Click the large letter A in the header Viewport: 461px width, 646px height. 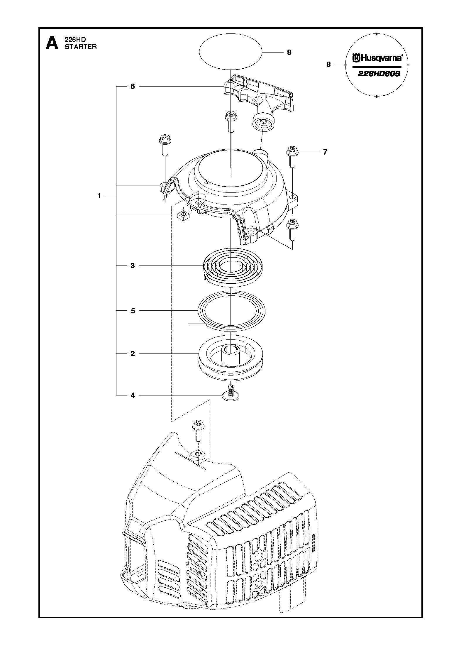52,43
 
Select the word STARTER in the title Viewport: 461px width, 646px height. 81,47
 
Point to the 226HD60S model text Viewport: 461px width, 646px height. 379,74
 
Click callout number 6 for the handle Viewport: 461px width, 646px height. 133,87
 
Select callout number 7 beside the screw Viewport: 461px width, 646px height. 325,152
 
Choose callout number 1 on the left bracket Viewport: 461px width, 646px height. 99,196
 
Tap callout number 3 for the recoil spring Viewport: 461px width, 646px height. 133,265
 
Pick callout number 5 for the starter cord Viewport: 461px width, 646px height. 133,311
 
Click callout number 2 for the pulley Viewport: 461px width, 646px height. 133,354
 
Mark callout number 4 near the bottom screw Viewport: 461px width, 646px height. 133,395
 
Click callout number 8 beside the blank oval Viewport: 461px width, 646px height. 289,52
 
